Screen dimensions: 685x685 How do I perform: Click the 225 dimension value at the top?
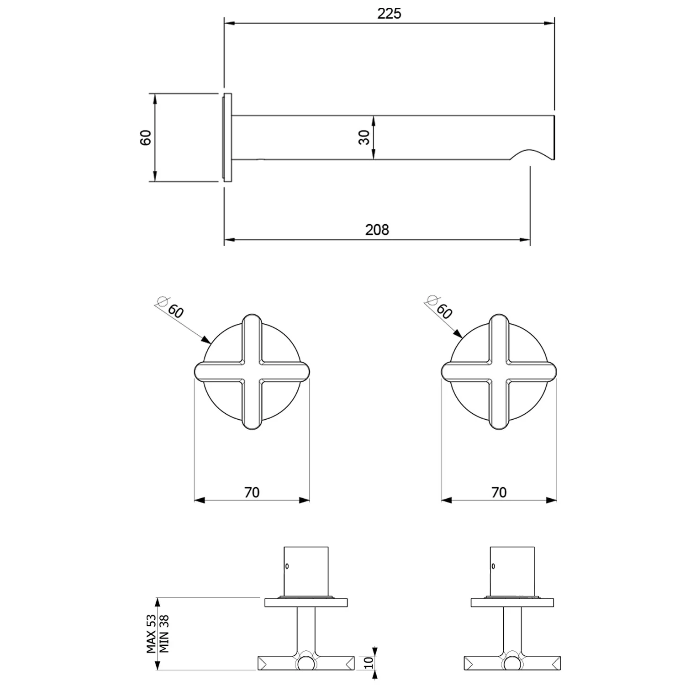coord(389,14)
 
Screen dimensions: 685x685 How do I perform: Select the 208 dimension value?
coord(377,229)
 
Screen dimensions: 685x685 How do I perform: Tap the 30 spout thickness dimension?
coord(364,137)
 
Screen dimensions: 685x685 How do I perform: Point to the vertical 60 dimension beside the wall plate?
coord(145,137)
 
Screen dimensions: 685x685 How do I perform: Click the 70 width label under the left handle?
coord(252,492)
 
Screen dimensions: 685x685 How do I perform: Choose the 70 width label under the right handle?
coord(499,492)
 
